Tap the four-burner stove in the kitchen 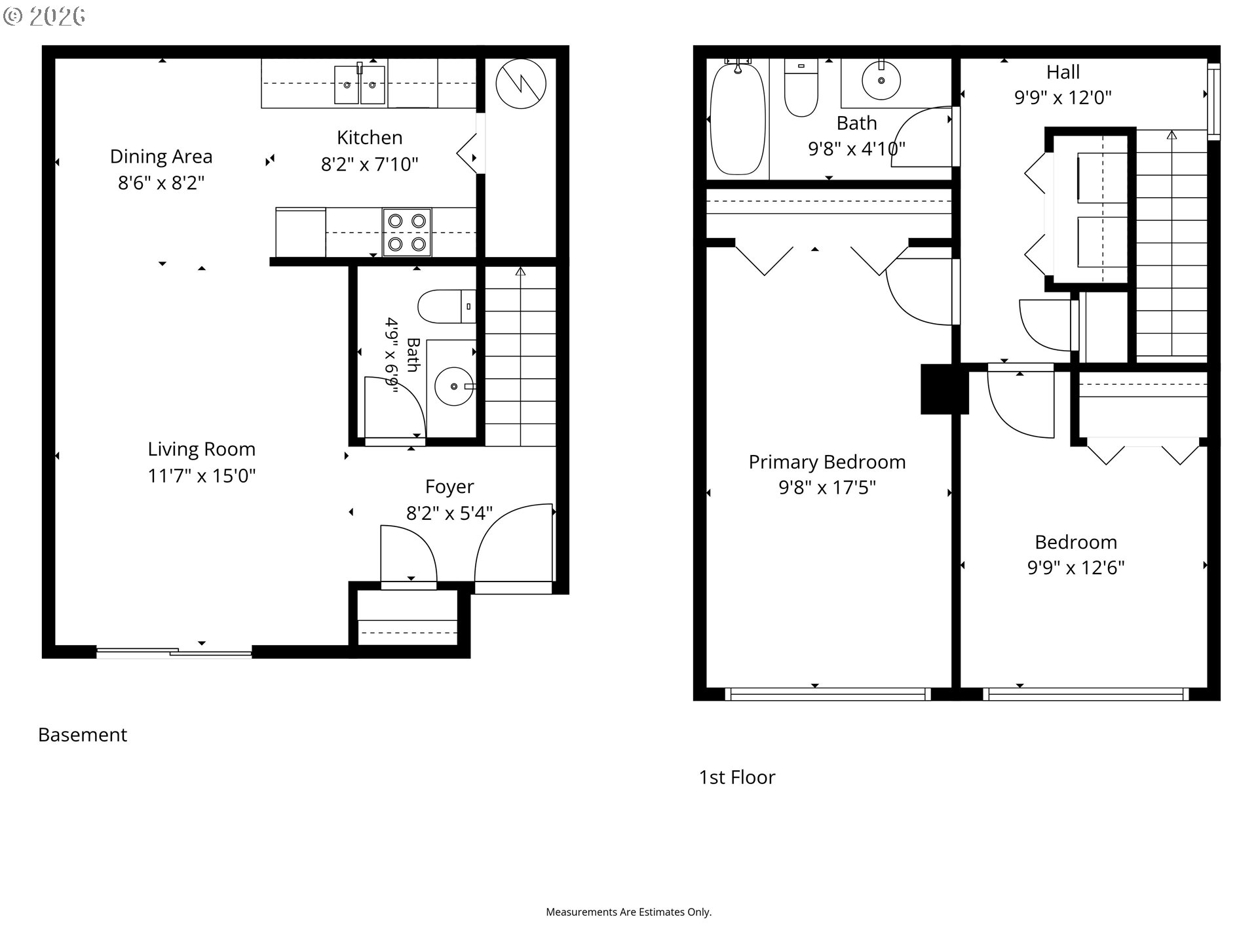coord(407,232)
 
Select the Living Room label coord(201,449)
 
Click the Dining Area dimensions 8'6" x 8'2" coord(161,182)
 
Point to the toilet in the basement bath coord(447,307)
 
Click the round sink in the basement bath coord(454,386)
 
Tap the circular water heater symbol coord(521,83)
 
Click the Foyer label coord(449,486)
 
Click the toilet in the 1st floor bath coord(801,88)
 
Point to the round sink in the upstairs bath coord(881,80)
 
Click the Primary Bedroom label coord(827,462)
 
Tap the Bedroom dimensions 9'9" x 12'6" coord(1076,568)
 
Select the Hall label coord(1063,71)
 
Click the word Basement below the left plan coord(83,735)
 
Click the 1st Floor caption coord(737,777)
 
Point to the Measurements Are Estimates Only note coord(629,912)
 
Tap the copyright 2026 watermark coord(45,16)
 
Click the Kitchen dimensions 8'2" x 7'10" coord(370,164)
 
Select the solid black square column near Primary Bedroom coord(944,389)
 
